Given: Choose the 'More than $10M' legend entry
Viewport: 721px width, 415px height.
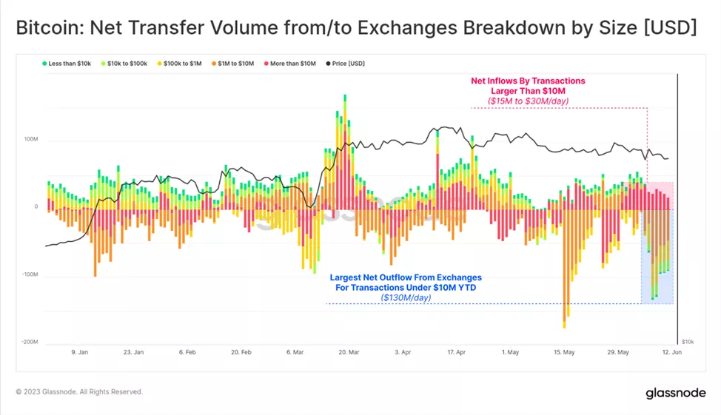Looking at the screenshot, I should (x=292, y=64).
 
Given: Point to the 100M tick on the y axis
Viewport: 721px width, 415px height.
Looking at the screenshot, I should (x=31, y=139).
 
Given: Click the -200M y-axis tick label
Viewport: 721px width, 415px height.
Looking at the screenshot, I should (x=30, y=343).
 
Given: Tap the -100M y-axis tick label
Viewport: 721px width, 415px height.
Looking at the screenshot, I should (x=30, y=275).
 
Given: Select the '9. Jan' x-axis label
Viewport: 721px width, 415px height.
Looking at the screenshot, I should (x=79, y=353).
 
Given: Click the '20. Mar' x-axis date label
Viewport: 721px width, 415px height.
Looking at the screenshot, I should (x=348, y=353).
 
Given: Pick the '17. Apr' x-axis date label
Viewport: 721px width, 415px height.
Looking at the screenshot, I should (x=457, y=353).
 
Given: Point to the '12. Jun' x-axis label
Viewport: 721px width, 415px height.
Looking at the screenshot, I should (x=672, y=353).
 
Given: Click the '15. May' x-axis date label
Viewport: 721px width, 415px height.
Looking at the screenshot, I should (x=564, y=353).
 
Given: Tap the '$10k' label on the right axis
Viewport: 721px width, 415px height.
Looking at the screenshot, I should (x=688, y=342).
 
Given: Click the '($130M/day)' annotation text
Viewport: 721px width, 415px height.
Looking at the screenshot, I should (x=405, y=297).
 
